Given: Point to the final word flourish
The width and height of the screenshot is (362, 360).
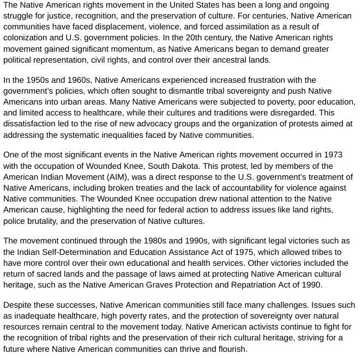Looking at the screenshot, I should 230,349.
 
